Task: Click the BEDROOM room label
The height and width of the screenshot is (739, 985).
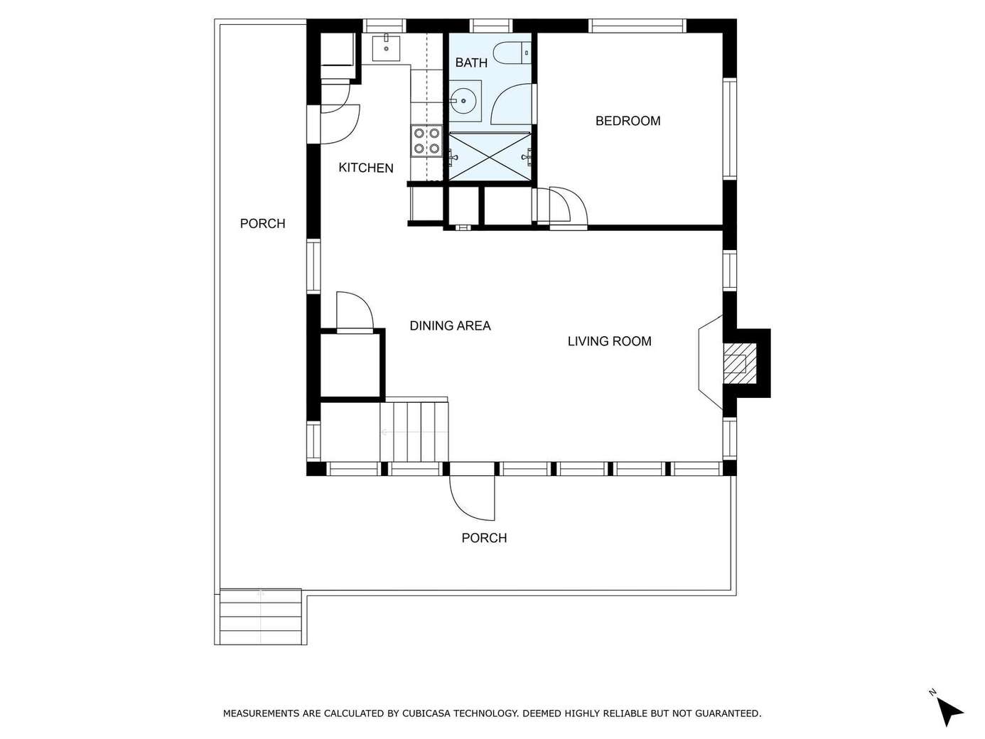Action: click(628, 121)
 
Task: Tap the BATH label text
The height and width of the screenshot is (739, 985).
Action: click(471, 63)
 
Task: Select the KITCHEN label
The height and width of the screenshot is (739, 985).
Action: click(366, 168)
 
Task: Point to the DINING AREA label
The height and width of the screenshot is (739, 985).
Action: click(450, 325)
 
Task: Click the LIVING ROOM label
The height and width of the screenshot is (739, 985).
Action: click(609, 342)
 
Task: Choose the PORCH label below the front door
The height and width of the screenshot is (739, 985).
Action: click(484, 538)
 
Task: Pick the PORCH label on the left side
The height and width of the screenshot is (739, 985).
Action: click(262, 223)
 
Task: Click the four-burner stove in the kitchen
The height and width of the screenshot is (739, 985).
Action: click(426, 141)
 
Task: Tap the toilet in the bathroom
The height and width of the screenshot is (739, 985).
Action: click(512, 53)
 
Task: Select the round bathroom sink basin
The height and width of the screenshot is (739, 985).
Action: click(461, 100)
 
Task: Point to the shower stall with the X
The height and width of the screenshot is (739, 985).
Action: click(490, 156)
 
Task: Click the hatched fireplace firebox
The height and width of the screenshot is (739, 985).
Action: click(734, 364)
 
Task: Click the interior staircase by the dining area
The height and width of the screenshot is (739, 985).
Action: click(414, 431)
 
